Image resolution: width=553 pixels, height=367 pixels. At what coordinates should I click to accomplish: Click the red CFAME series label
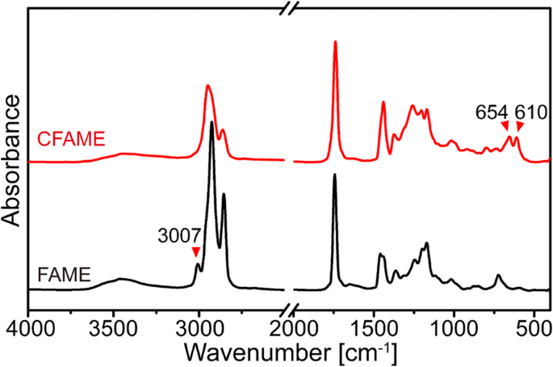click(72, 139)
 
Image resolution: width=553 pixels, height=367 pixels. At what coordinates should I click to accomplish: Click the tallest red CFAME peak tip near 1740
click(335, 42)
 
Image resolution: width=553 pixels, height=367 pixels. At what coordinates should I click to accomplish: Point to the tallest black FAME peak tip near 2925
click(212, 122)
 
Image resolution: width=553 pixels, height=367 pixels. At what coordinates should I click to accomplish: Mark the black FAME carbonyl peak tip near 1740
click(335, 175)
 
